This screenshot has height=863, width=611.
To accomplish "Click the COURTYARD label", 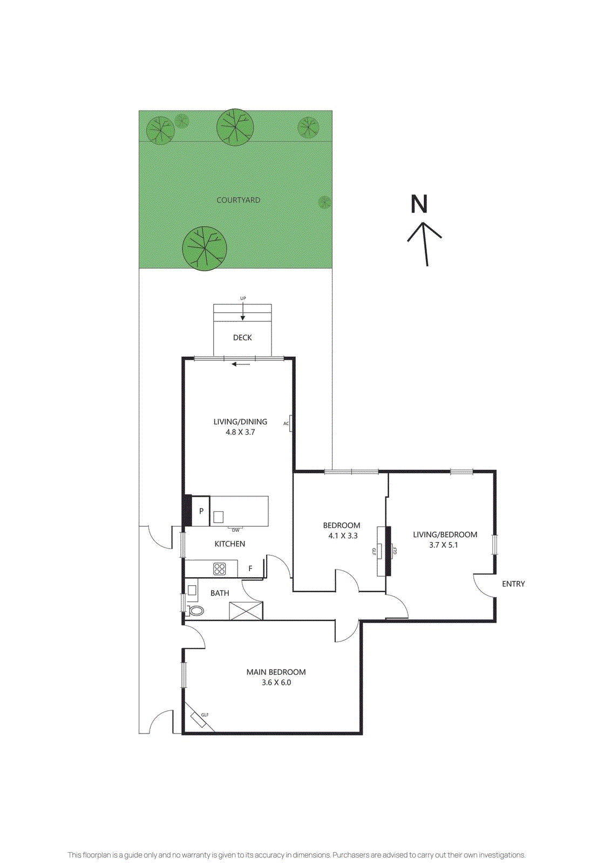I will (x=238, y=200).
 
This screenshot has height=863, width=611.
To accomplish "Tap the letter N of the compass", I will (x=419, y=204).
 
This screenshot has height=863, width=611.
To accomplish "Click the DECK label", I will (x=242, y=338).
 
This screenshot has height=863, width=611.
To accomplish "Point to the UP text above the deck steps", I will (x=243, y=298).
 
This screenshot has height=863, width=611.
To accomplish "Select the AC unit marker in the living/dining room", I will (x=290, y=423).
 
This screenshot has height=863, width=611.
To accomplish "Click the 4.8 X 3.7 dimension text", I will (x=240, y=432).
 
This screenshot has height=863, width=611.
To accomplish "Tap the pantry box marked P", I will (x=201, y=511).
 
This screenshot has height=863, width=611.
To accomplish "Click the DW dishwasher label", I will (x=235, y=530).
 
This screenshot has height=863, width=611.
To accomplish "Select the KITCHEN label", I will (x=230, y=544).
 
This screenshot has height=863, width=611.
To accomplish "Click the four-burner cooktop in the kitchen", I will (x=220, y=569).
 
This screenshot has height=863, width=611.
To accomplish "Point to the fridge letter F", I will (x=250, y=569).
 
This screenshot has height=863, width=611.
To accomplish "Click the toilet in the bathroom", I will (x=196, y=611).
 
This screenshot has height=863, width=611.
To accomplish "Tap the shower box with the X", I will (x=246, y=611).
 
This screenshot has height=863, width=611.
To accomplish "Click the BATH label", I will (x=220, y=593).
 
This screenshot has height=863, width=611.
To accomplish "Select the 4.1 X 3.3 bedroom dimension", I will (x=343, y=536).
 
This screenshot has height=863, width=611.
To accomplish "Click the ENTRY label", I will (x=513, y=584).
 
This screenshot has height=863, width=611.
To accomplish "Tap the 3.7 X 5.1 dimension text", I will (x=443, y=545).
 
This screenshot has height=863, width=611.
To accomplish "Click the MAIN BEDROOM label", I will (x=276, y=672).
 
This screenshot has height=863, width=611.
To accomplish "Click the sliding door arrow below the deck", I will (x=241, y=364).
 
